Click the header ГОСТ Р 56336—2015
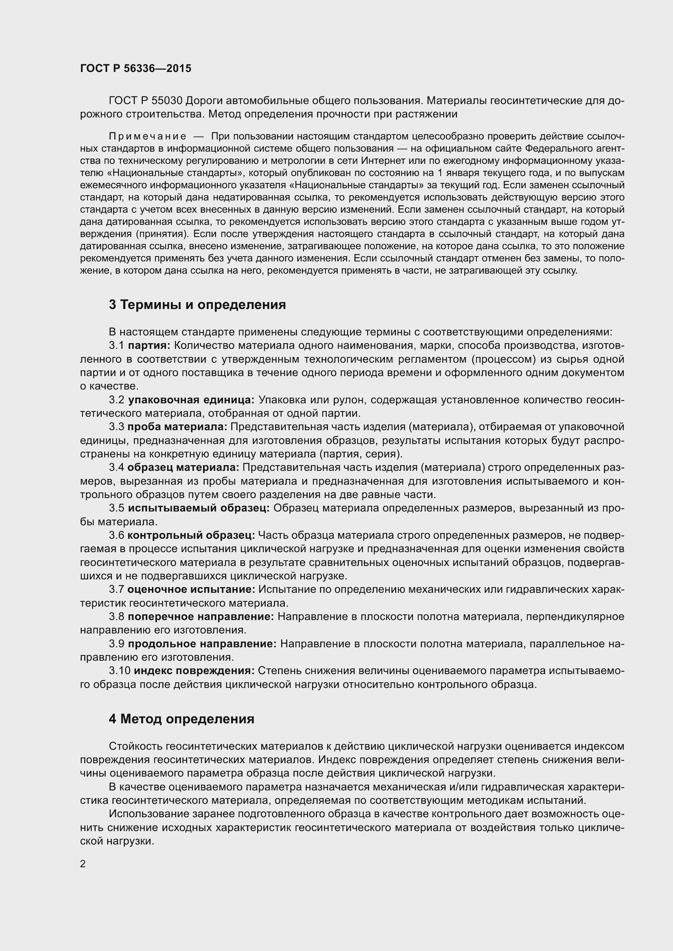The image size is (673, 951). coord(135,68)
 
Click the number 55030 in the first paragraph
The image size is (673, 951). coord(167,101)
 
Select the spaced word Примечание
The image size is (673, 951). coord(147,136)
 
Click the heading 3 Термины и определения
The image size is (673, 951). coord(197,305)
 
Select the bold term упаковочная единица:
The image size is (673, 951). coord(191,400)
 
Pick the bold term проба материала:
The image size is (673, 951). coord(177,427)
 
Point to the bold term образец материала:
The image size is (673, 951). coord(183,467)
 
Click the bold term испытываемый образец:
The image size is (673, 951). coord(199,508)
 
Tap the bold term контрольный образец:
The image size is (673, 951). coord(191,535)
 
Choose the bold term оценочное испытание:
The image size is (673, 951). coord(192,589)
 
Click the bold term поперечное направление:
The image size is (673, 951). coord(201,616)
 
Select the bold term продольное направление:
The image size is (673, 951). coord(202,644)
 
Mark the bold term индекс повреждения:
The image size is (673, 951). coord(194,670)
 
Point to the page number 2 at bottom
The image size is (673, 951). coord(83,864)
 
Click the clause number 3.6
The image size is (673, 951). coord(116,535)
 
